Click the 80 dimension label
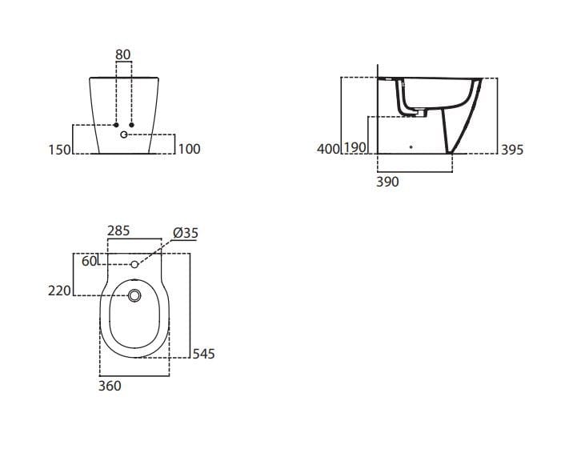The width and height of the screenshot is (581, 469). (x=123, y=54)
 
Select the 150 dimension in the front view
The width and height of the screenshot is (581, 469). (x=58, y=149)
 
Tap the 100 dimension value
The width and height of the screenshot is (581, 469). (x=189, y=149)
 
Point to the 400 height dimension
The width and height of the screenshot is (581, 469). (x=328, y=149)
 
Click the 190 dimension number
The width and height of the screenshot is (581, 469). (x=355, y=149)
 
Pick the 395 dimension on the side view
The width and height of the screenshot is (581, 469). (x=512, y=149)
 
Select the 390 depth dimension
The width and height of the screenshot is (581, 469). (x=387, y=182)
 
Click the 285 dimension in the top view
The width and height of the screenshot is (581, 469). (x=118, y=231)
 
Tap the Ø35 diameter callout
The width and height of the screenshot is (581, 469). (x=185, y=233)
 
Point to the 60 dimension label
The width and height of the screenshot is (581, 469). (x=88, y=261)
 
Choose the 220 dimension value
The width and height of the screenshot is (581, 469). (x=60, y=291)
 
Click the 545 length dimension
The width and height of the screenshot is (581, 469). (x=203, y=353)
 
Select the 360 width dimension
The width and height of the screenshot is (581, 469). (x=110, y=386)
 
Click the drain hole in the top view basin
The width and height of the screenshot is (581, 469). (x=134, y=297)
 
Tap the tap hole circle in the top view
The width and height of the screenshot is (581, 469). (x=134, y=264)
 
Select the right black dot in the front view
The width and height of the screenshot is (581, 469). (x=130, y=126)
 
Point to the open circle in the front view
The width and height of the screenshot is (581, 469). (x=123, y=135)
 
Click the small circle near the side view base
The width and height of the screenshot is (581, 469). (x=411, y=148)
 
